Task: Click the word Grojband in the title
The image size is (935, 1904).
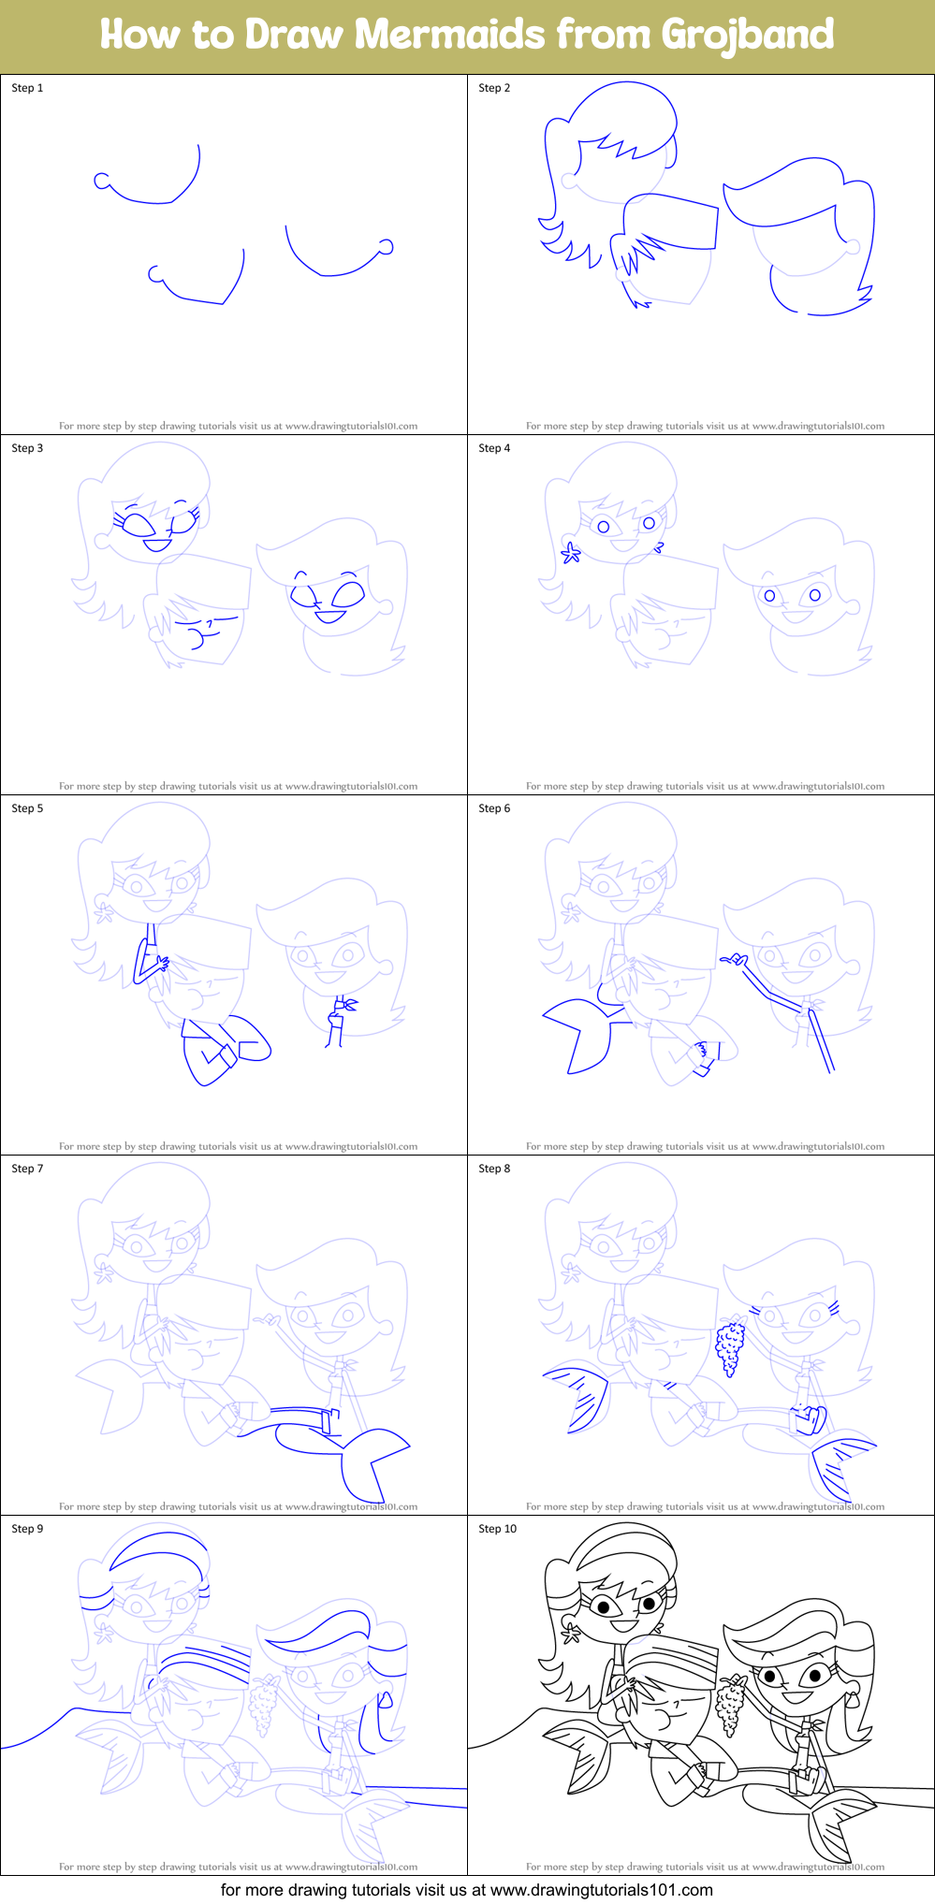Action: point(747,36)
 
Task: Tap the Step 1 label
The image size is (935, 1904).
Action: point(27,88)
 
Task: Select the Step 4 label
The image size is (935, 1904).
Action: point(494,448)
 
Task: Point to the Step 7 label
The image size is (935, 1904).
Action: point(27,1169)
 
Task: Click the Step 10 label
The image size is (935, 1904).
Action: point(497,1529)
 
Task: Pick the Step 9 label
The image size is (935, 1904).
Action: point(27,1529)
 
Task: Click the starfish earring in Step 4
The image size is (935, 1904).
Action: point(570,553)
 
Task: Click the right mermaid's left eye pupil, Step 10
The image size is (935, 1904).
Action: point(769,1675)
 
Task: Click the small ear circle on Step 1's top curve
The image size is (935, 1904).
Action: point(101,181)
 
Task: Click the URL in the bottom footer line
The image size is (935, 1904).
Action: point(601,1890)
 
